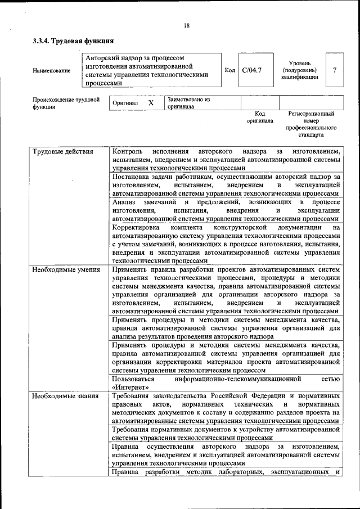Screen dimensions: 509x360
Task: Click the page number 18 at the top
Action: [186, 25]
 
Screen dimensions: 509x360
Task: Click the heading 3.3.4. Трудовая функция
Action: [73, 41]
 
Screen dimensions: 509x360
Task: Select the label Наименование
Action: [52, 70]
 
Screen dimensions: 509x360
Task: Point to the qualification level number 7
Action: [335, 70]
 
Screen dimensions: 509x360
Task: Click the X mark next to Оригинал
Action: [151, 103]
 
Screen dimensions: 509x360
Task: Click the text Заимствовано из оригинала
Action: [188, 103]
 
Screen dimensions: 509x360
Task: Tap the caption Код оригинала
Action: [259, 117]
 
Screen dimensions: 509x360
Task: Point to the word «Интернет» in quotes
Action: [131, 388]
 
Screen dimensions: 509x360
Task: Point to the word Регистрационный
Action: [311, 114]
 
